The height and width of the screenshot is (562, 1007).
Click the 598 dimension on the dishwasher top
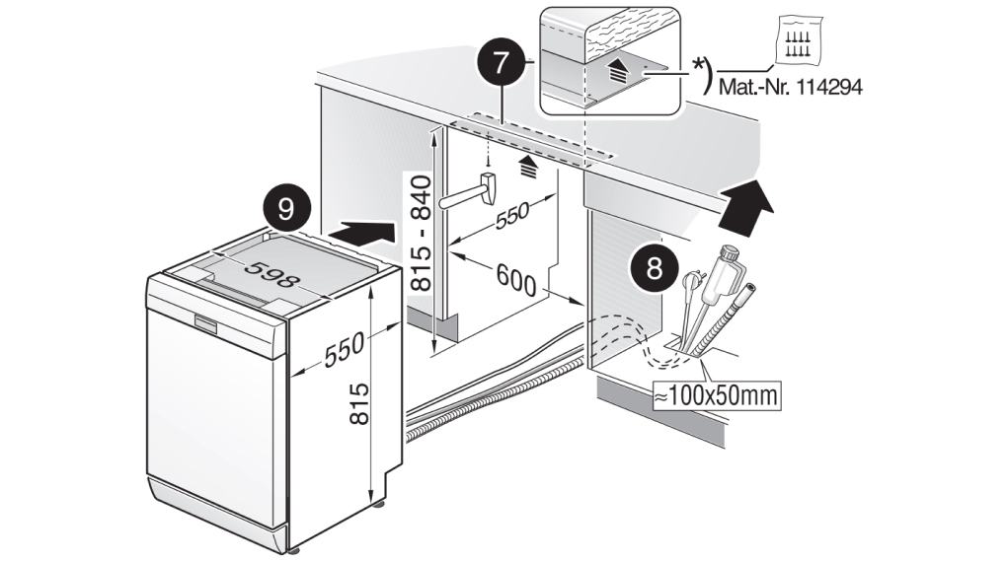click(x=271, y=274)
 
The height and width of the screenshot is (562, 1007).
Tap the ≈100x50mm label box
click(x=713, y=396)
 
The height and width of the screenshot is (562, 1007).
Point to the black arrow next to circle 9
click(x=359, y=235)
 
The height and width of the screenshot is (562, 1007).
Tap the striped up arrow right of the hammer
click(x=528, y=164)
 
